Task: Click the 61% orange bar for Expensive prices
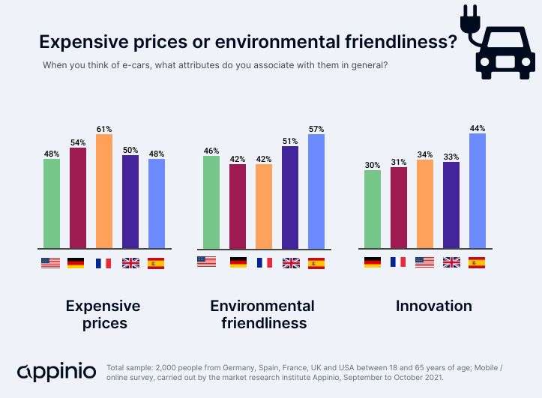pos(103,191)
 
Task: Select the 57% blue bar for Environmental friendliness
pos(316,191)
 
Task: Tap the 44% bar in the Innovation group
pos(477,191)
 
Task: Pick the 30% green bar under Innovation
pos(372,209)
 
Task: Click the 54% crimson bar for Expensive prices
pos(77,198)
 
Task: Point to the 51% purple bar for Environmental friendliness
pos(290,197)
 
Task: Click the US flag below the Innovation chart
pos(424,262)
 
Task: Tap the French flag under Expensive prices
pos(103,263)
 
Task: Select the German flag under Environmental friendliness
pos(238,262)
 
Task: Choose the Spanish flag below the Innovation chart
pos(477,262)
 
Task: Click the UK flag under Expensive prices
pos(130,263)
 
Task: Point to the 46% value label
pos(211,151)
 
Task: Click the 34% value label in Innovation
pos(424,155)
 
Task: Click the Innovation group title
pos(434,306)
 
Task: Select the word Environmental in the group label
pos(262,306)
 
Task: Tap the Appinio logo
pos(56,372)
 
